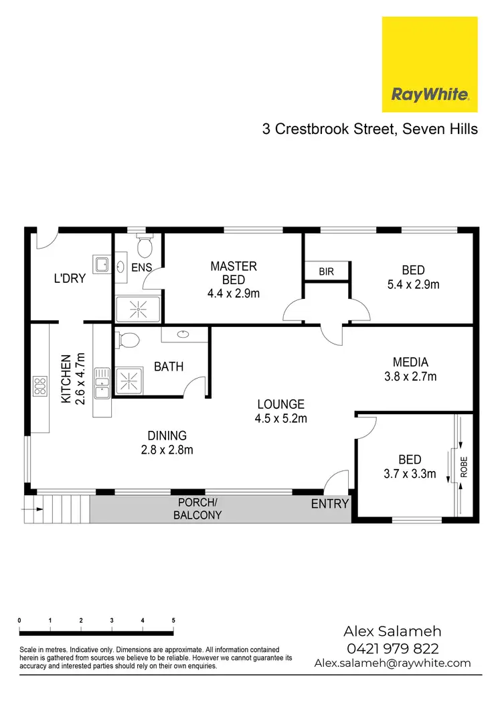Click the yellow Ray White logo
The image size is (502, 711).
pos(429,64)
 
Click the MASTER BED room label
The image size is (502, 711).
pos(233,273)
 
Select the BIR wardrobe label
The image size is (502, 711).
pos(327,272)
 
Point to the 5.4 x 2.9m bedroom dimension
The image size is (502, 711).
pos(413,284)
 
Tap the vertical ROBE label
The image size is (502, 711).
pos(464,466)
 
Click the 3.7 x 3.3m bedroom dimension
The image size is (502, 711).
pos(409,474)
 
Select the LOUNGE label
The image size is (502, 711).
pos(281,404)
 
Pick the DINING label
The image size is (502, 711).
pos(167,436)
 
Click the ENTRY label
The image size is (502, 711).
pos(330,503)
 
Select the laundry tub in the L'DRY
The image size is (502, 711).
pos(102,265)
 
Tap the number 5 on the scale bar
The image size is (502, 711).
pos(173,621)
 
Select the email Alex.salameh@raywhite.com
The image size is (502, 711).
pos(392,663)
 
